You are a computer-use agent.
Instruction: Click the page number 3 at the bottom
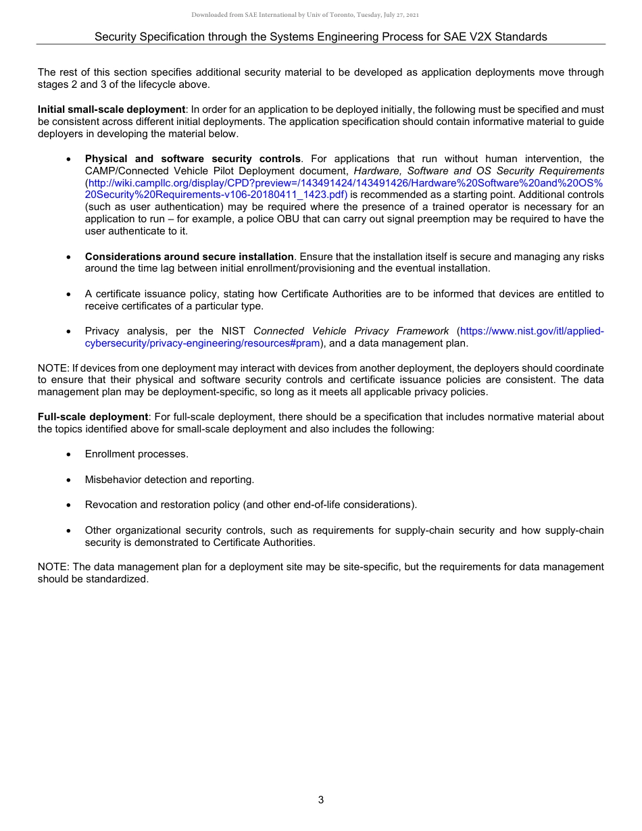tap(321, 800)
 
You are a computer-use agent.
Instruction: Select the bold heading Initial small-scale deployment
tap(112, 109)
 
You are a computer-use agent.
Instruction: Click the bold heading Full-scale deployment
tap(92, 417)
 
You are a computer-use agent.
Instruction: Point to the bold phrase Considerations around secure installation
tap(189, 257)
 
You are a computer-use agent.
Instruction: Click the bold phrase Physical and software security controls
tap(193, 159)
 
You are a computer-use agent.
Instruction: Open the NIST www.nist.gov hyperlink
tap(531, 331)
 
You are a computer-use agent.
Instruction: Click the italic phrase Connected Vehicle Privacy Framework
tap(351, 331)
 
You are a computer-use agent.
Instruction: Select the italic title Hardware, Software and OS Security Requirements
tap(478, 172)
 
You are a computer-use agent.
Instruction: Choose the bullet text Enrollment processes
tap(137, 454)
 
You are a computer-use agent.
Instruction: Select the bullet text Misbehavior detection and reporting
tap(170, 480)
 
